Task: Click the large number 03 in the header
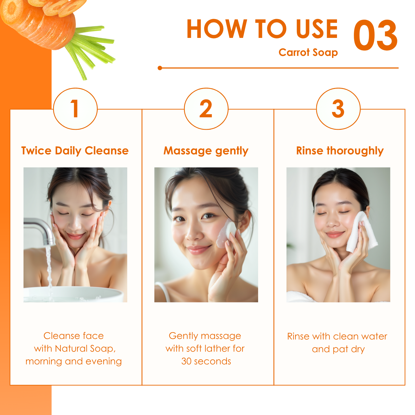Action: (375, 35)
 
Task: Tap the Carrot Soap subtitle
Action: (308, 53)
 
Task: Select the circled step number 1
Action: (75, 109)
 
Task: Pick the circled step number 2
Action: (206, 109)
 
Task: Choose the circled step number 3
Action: (338, 109)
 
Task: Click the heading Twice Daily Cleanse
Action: (75, 151)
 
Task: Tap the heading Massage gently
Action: (206, 151)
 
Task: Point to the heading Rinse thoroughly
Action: (340, 151)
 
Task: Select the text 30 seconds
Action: (206, 361)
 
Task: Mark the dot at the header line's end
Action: (160, 68)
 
